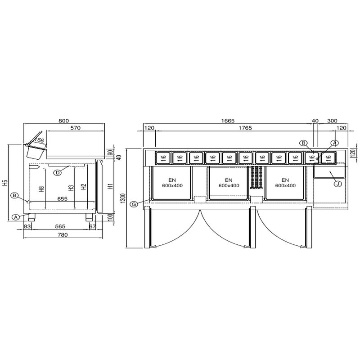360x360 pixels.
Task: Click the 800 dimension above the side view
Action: pos(63,121)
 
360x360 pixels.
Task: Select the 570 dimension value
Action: pos(76,128)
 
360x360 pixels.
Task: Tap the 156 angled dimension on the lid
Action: pos(40,140)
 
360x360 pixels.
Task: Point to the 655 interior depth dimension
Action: pos(62,198)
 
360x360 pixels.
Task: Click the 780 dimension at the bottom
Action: pos(63,234)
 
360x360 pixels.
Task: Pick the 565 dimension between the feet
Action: pos(60,226)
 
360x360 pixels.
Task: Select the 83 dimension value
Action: pos(27,226)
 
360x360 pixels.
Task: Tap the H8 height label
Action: pos(41,189)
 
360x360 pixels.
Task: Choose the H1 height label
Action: pos(111,186)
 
